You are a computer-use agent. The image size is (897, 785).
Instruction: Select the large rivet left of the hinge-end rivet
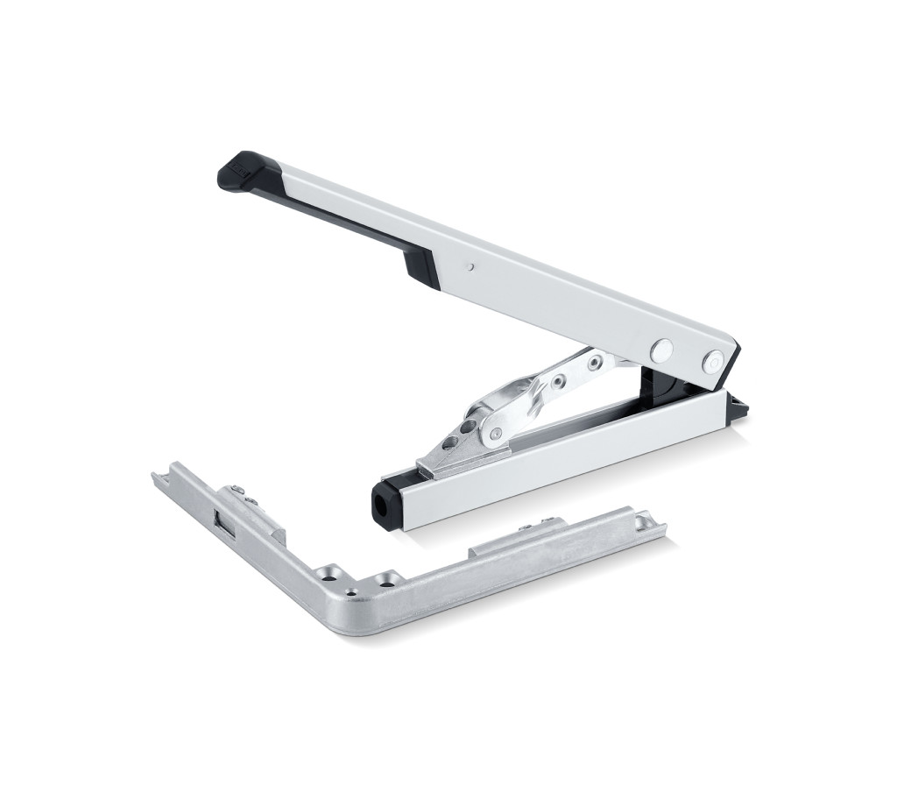point(661,350)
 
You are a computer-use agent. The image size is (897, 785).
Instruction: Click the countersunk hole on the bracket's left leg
point(328,571)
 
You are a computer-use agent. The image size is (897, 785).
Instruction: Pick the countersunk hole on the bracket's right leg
point(386,579)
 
